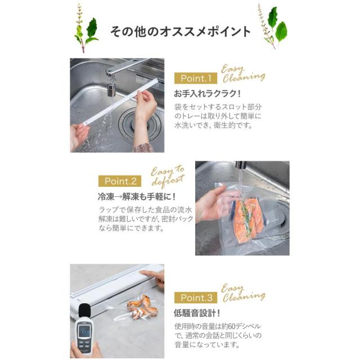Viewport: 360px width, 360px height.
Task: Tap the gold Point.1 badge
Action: [x=195, y=78]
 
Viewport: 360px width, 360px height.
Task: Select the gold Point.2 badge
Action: [x=120, y=181]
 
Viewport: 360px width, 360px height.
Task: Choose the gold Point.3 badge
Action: [x=195, y=297]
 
